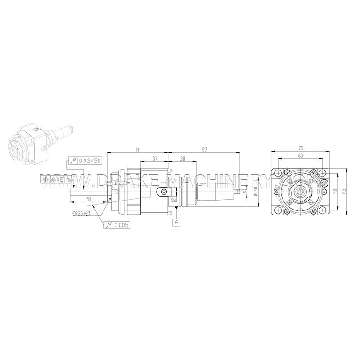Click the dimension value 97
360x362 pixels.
(204, 150)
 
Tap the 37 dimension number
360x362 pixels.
(154, 159)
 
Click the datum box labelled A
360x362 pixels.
(176, 222)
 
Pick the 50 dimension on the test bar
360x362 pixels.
(90, 198)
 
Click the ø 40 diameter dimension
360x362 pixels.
(255, 192)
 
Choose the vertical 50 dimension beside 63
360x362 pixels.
(335, 191)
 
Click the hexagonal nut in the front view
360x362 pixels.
(300, 192)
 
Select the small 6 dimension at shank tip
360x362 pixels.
(243, 192)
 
